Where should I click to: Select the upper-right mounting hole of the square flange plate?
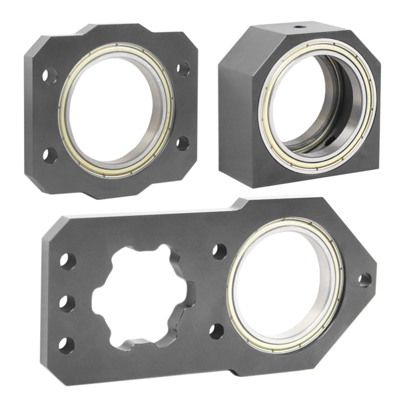182,68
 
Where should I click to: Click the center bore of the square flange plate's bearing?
115,109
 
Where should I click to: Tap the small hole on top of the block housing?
295,28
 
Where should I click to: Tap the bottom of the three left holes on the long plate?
65,344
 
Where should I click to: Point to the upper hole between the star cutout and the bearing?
218,252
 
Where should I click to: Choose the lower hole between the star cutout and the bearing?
216,330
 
